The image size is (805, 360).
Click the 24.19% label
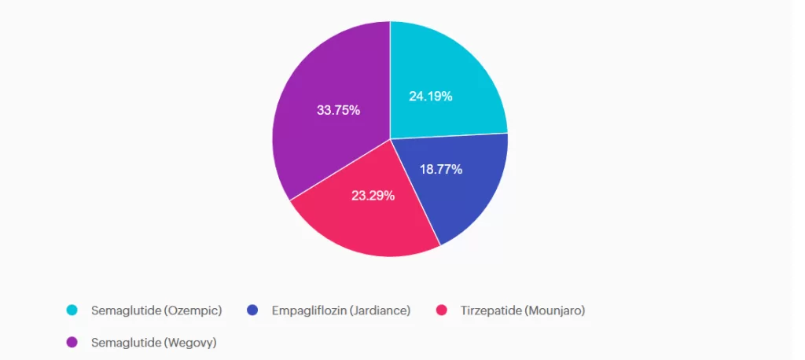point(430,97)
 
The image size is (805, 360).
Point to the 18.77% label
point(440,169)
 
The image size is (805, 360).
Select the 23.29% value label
point(373,195)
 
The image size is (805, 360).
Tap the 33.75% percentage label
point(338,110)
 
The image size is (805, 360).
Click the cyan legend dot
point(72,310)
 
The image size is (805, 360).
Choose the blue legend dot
point(252,310)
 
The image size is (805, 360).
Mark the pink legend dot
point(443,310)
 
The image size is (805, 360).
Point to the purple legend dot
point(72,342)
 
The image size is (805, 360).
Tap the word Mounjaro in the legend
point(555,310)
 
